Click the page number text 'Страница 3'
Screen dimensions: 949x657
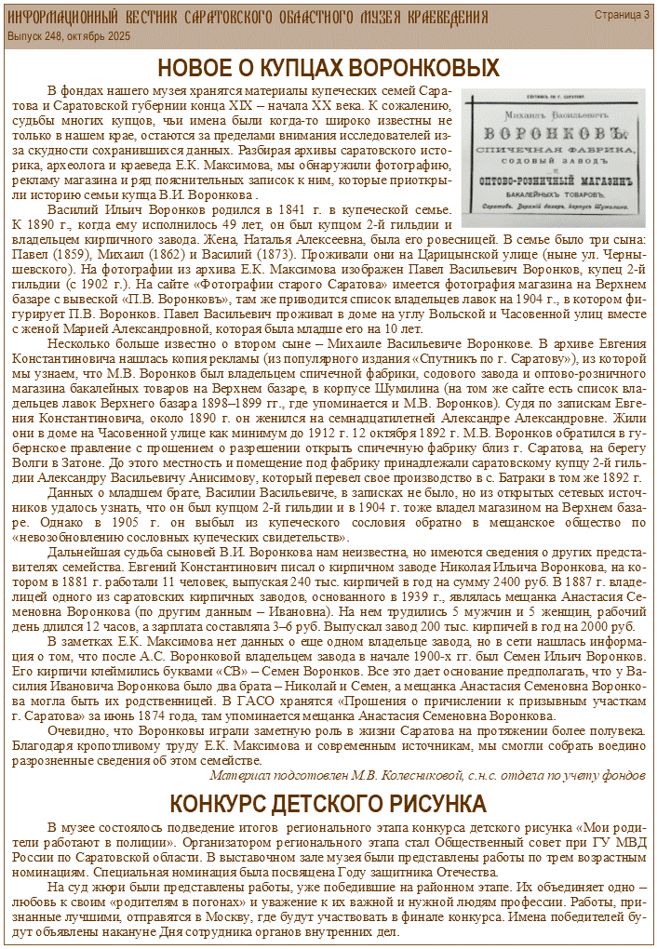pyautogui.click(x=622, y=16)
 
